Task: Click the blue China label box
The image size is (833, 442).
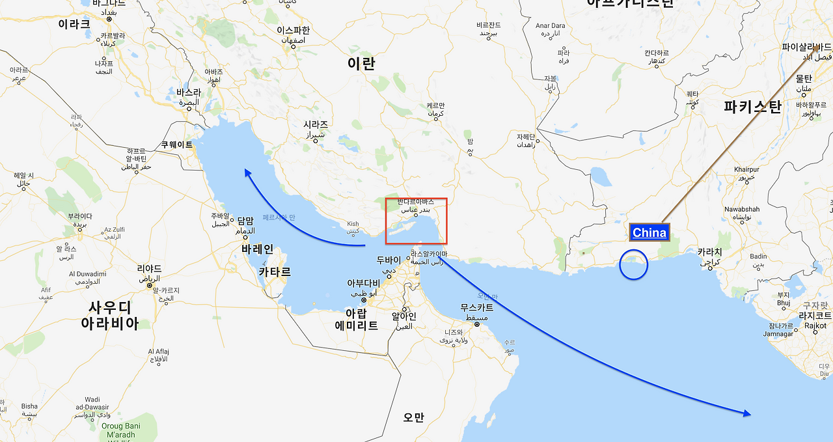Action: (x=649, y=232)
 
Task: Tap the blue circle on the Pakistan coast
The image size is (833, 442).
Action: (x=634, y=264)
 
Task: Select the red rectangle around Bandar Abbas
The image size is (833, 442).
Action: (x=416, y=221)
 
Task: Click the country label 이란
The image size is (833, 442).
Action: (x=361, y=64)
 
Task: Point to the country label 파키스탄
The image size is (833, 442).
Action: (x=752, y=106)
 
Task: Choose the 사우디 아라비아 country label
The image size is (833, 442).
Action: (x=110, y=315)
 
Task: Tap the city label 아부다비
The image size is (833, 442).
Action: (x=363, y=283)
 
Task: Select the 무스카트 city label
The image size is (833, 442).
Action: (x=477, y=307)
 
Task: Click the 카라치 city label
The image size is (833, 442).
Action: (x=709, y=252)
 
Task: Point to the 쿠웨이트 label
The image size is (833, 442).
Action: (x=178, y=145)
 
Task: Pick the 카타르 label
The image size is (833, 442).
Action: (x=275, y=271)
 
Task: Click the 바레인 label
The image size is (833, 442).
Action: (x=258, y=249)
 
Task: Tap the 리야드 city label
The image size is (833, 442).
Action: (x=149, y=268)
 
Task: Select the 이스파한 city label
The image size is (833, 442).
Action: (x=293, y=30)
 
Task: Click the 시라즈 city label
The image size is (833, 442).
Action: (x=316, y=124)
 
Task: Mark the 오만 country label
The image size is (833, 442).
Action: (x=413, y=417)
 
